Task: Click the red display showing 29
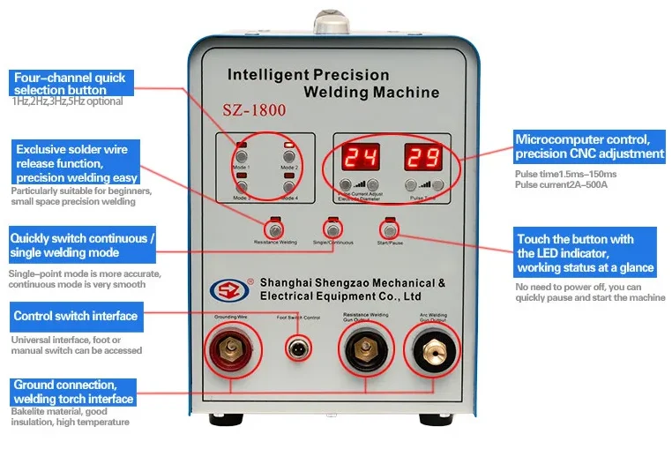(x=422, y=156)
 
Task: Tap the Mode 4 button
(x=287, y=187)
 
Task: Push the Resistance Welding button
(x=274, y=231)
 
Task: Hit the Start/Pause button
(x=385, y=230)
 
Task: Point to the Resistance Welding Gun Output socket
(x=363, y=350)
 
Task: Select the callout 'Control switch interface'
(x=75, y=316)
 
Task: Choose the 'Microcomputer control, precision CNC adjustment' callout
(x=589, y=146)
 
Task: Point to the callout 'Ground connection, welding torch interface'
(x=74, y=392)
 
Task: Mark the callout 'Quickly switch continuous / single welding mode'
(x=82, y=246)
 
